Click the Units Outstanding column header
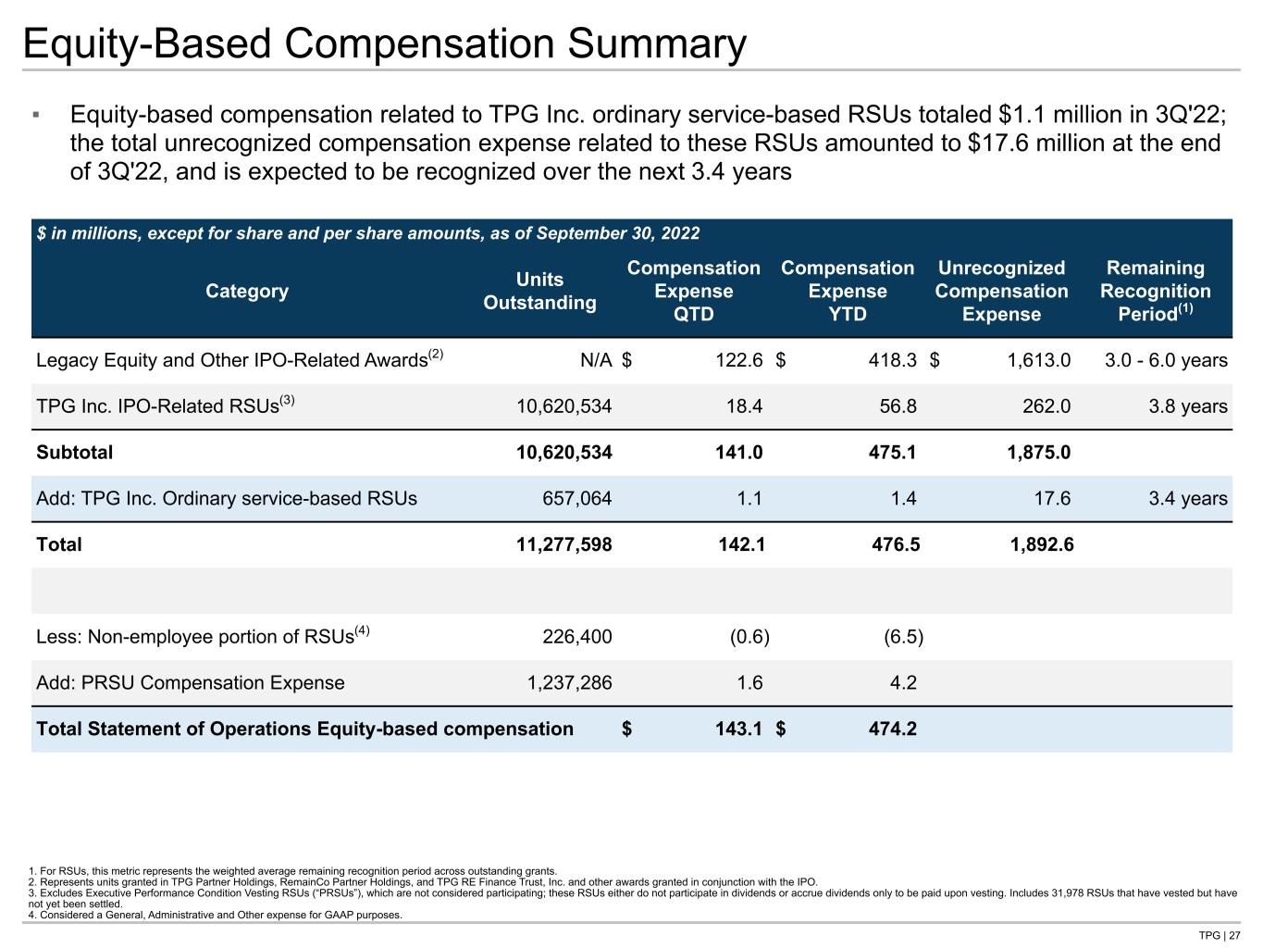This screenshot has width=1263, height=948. point(539,291)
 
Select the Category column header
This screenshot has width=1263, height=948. point(247,291)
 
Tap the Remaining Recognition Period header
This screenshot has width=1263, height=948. point(1156,291)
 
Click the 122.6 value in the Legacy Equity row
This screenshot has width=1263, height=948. point(738,360)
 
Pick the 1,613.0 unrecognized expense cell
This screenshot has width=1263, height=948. point(1038,360)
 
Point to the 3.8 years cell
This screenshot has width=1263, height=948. point(1188,406)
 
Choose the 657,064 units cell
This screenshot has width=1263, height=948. point(577,498)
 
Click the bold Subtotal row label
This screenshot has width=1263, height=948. point(75,453)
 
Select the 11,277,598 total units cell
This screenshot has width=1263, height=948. point(563,544)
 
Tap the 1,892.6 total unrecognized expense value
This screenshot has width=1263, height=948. point(1042,544)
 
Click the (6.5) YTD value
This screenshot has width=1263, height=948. point(903,637)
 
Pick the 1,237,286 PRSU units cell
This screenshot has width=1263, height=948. point(570,682)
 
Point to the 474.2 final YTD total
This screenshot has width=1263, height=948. point(893,729)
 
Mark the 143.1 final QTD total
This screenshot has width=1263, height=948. point(738,729)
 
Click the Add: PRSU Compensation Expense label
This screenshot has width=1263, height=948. point(191,682)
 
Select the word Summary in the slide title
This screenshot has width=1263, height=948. point(657,44)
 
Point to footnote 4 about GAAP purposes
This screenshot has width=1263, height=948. point(216,915)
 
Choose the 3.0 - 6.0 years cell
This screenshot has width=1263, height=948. point(1167,360)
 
